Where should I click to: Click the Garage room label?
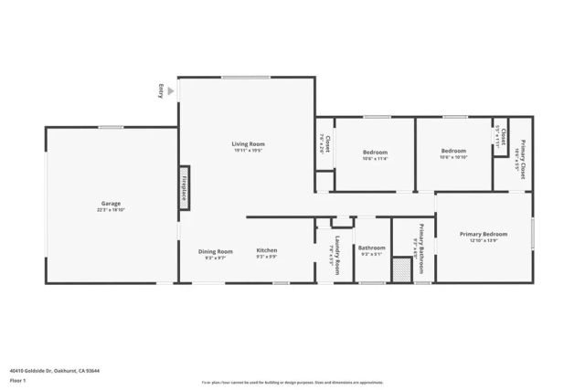tap(111, 204)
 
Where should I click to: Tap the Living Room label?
tap(248, 144)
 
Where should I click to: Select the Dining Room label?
tap(216, 251)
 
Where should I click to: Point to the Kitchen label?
tap(267, 251)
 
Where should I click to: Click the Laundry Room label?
tap(337, 255)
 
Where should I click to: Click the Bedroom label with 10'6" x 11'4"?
tap(375, 152)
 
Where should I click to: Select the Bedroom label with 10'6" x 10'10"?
tap(453, 151)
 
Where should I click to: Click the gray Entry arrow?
tap(169, 90)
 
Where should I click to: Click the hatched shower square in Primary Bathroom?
tap(400, 269)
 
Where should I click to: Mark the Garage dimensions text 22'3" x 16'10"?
tap(111, 210)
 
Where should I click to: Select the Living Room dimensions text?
tap(248, 151)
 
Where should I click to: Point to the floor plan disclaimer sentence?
tap(292, 382)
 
